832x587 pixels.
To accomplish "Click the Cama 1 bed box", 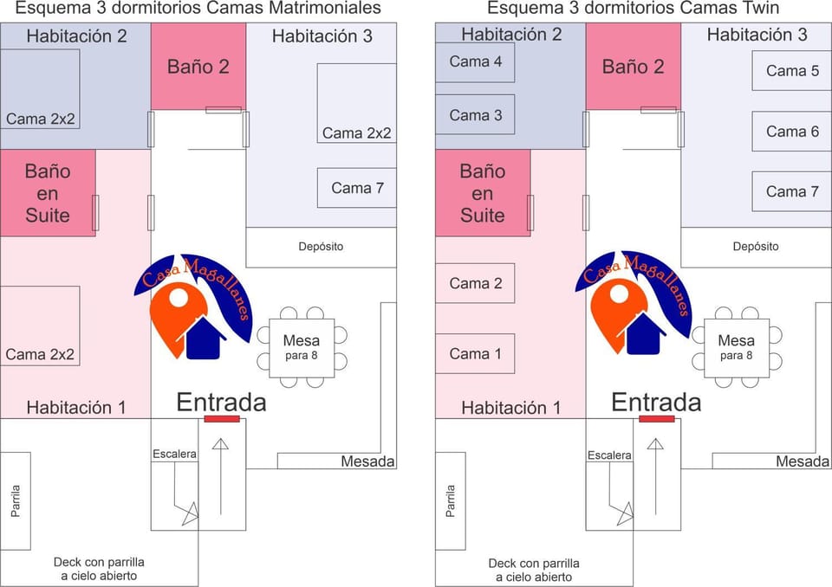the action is pos(475,354).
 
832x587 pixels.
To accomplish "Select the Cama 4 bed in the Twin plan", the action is pos(475,62).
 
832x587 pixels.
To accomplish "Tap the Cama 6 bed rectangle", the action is pos(791,132).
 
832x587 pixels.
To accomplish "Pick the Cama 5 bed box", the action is pos(791,70).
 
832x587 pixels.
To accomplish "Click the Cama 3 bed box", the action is pos(475,114).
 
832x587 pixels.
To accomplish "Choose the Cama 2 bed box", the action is pos(475,283).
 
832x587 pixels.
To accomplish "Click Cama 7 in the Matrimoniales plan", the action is pos(356,188).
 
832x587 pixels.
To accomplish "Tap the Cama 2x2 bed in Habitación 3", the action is pos(356,103).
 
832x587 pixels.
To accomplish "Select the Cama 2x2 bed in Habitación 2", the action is pos(40,89).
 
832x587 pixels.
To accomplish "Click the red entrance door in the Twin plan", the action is pos(656,419).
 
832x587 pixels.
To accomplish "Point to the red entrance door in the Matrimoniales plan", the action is pos(222,419).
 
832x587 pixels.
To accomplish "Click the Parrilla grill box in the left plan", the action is pos(16,501).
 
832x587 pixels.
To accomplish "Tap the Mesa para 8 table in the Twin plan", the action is pos(737,348).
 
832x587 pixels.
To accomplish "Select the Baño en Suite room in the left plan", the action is pos(48,193).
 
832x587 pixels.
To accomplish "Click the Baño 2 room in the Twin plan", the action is pos(633,67).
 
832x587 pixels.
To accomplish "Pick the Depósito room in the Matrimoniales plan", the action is pos(321,248).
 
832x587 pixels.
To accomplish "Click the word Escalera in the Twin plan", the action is pos(609,455).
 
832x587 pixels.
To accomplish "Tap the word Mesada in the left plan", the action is pos(367,461).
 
